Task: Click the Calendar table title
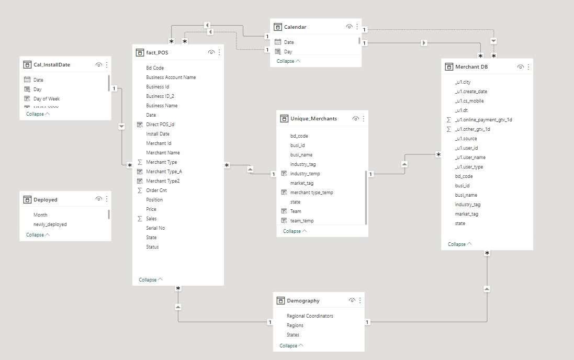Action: pyautogui.click(x=295, y=27)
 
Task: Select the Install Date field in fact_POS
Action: pyautogui.click(x=158, y=134)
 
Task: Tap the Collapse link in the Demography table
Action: pyautogui.click(x=288, y=346)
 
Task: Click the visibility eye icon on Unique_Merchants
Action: pyautogui.click(x=355, y=119)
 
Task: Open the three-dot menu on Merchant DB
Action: pyautogui.click(x=528, y=66)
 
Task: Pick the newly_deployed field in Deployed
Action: pyautogui.click(x=50, y=224)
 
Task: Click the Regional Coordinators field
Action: pyautogui.click(x=310, y=316)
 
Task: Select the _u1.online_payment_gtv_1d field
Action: pyautogui.click(x=483, y=120)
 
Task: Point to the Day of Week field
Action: pyautogui.click(x=47, y=99)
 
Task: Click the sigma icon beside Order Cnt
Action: pyautogui.click(x=140, y=190)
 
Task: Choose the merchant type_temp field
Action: pyautogui.click(x=311, y=193)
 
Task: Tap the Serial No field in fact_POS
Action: pyautogui.click(x=155, y=228)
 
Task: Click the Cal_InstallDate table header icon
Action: pyautogui.click(x=27, y=65)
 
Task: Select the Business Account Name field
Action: pyautogui.click(x=171, y=77)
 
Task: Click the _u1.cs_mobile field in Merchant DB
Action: pyautogui.click(x=469, y=101)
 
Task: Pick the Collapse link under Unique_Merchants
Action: pyautogui.click(x=292, y=231)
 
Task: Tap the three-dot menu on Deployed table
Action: pyautogui.click(x=107, y=199)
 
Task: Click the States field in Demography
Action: pyautogui.click(x=293, y=335)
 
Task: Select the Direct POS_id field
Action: pyautogui.click(x=160, y=125)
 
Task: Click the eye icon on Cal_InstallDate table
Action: pyautogui.click(x=98, y=65)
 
